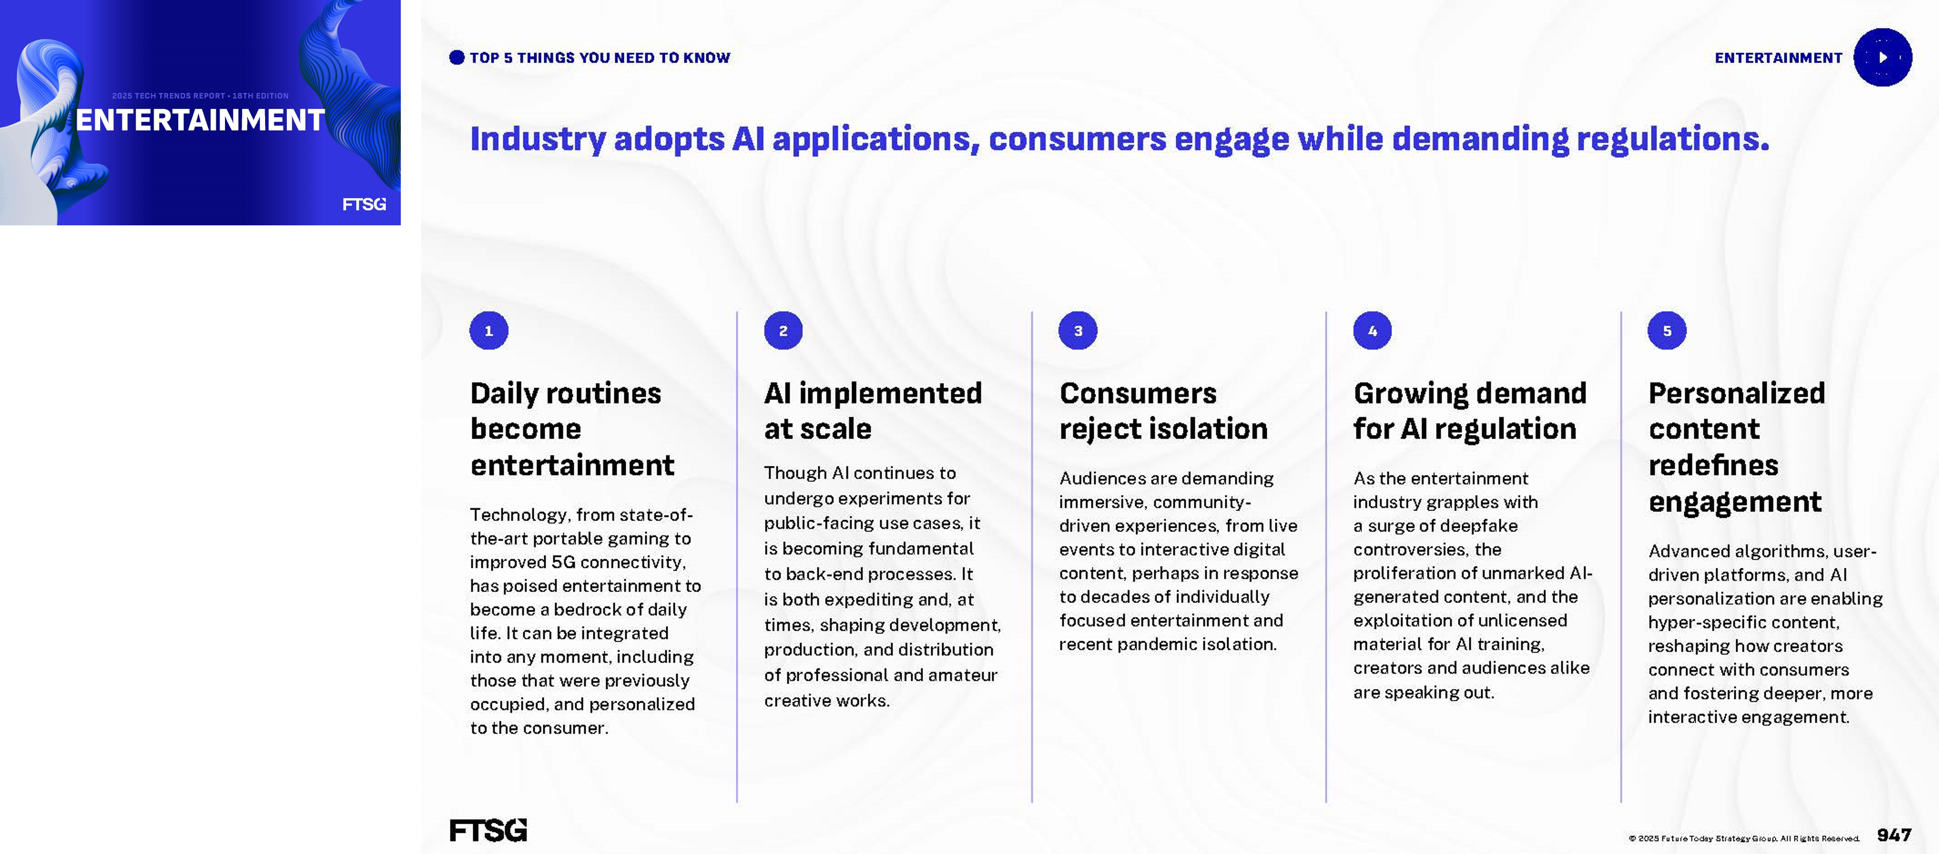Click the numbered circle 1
click(489, 330)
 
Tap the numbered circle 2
click(783, 330)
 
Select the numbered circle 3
click(1078, 330)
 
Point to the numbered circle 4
click(1372, 330)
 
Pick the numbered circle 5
click(1667, 330)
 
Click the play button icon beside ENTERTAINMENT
click(1883, 57)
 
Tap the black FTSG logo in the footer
click(488, 830)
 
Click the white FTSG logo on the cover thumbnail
click(364, 204)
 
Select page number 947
click(1894, 835)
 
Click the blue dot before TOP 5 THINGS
click(457, 57)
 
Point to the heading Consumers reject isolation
click(1163, 411)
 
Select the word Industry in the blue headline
click(537, 139)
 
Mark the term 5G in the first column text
click(563, 562)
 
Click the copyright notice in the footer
click(1743, 838)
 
